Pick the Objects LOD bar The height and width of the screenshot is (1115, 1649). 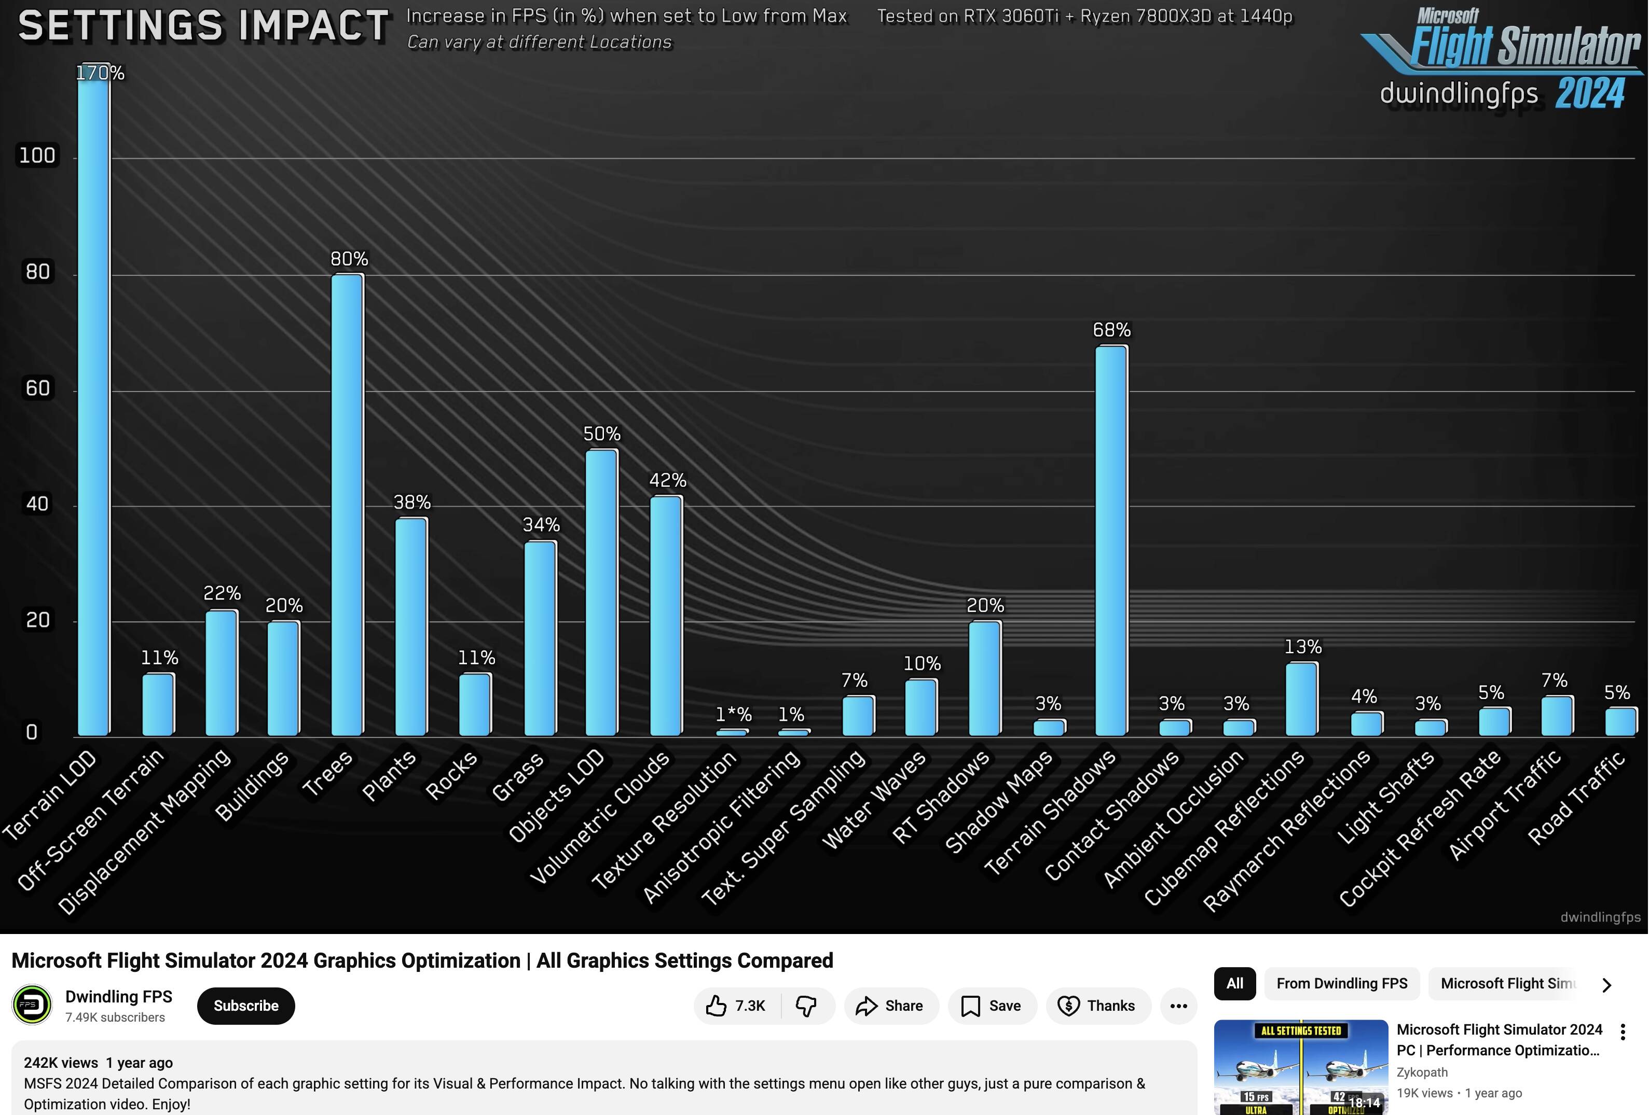(601, 593)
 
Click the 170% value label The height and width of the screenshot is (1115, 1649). (100, 73)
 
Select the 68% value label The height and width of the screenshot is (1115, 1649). (1111, 330)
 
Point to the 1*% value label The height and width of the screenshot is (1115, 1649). (733, 714)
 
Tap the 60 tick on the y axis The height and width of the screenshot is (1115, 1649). (37, 388)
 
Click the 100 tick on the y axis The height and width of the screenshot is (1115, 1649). (37, 156)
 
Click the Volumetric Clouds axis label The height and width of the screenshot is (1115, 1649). (600, 816)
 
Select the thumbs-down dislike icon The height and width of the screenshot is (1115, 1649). (806, 1006)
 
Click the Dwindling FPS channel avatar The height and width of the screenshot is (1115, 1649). (32, 1005)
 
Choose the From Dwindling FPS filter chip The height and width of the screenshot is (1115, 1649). (1341, 983)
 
